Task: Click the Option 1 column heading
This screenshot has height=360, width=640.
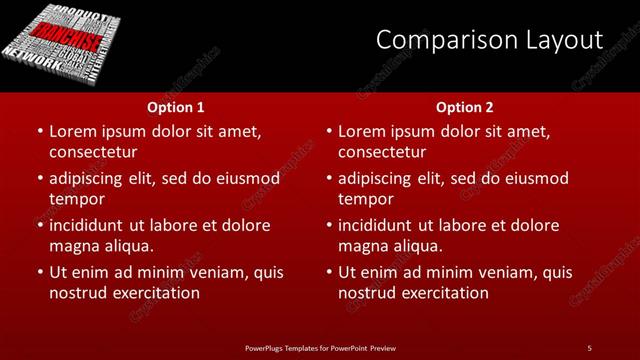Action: pyautogui.click(x=176, y=106)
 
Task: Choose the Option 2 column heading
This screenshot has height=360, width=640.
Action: pyautogui.click(x=465, y=106)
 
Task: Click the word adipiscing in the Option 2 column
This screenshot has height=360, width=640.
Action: pyautogui.click(x=381, y=178)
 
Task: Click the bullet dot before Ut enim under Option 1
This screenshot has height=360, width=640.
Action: pyautogui.click(x=39, y=272)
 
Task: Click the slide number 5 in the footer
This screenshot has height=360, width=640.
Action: pyautogui.click(x=589, y=347)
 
